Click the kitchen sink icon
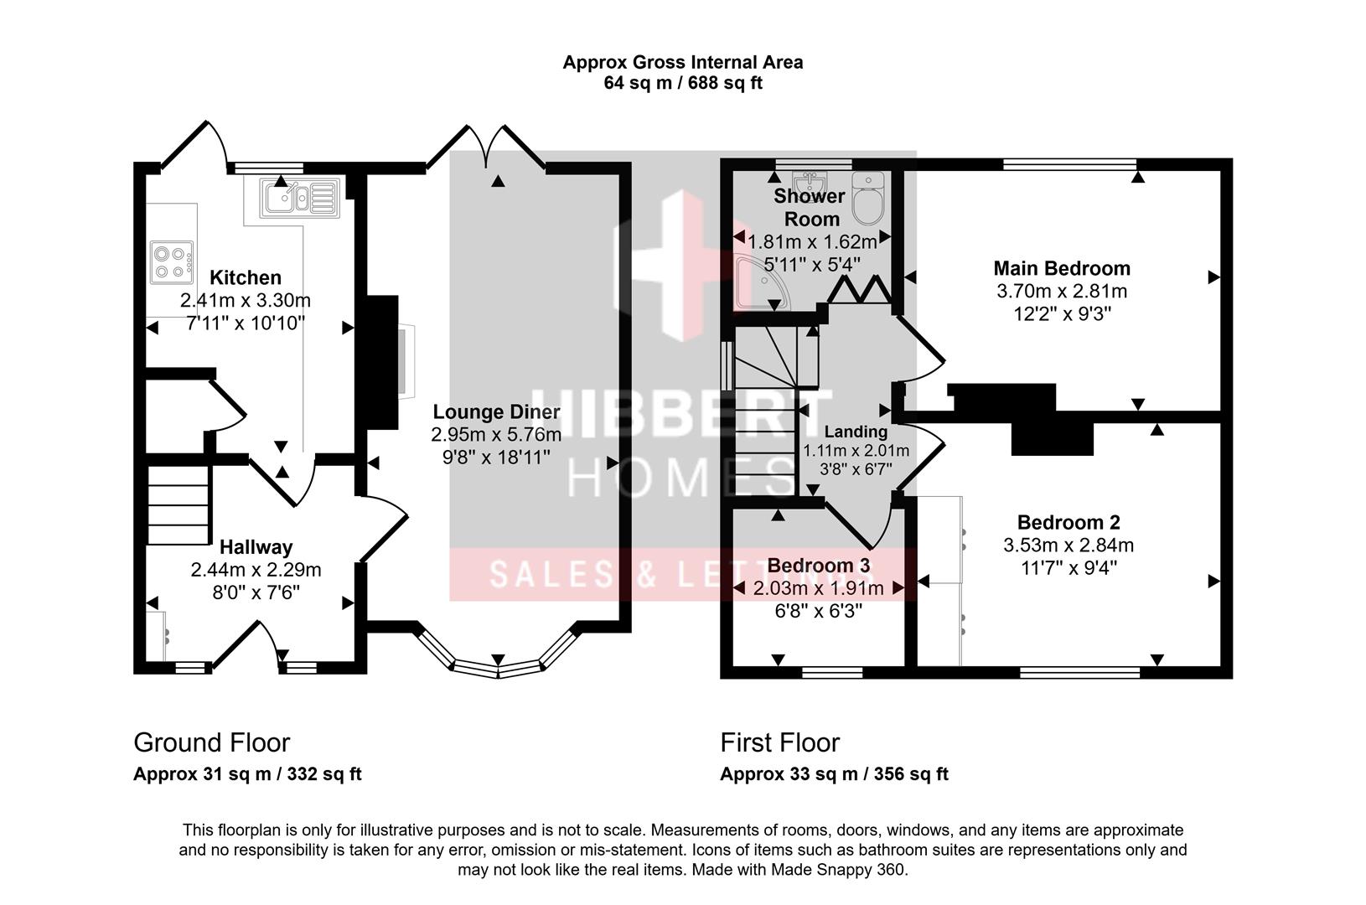pyautogui.click(x=298, y=198)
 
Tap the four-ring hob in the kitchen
pyautogui.click(x=171, y=261)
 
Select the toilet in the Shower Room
pyautogui.click(x=868, y=197)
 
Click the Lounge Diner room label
pyautogui.click(x=496, y=411)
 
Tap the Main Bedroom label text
pyautogui.click(x=1062, y=268)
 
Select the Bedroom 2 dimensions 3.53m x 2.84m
pyautogui.click(x=1068, y=546)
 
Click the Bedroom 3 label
pyautogui.click(x=818, y=565)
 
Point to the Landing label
pyautogui.click(x=856, y=432)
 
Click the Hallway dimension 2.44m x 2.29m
pyautogui.click(x=256, y=570)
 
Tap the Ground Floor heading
pyautogui.click(x=211, y=742)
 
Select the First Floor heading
pyautogui.click(x=779, y=742)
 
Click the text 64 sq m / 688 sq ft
pyautogui.click(x=683, y=83)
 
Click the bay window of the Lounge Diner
pyautogui.click(x=498, y=667)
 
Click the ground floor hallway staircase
pyautogui.click(x=178, y=505)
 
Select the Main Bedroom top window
pyautogui.click(x=1069, y=164)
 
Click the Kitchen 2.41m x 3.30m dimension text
pyautogui.click(x=245, y=300)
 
